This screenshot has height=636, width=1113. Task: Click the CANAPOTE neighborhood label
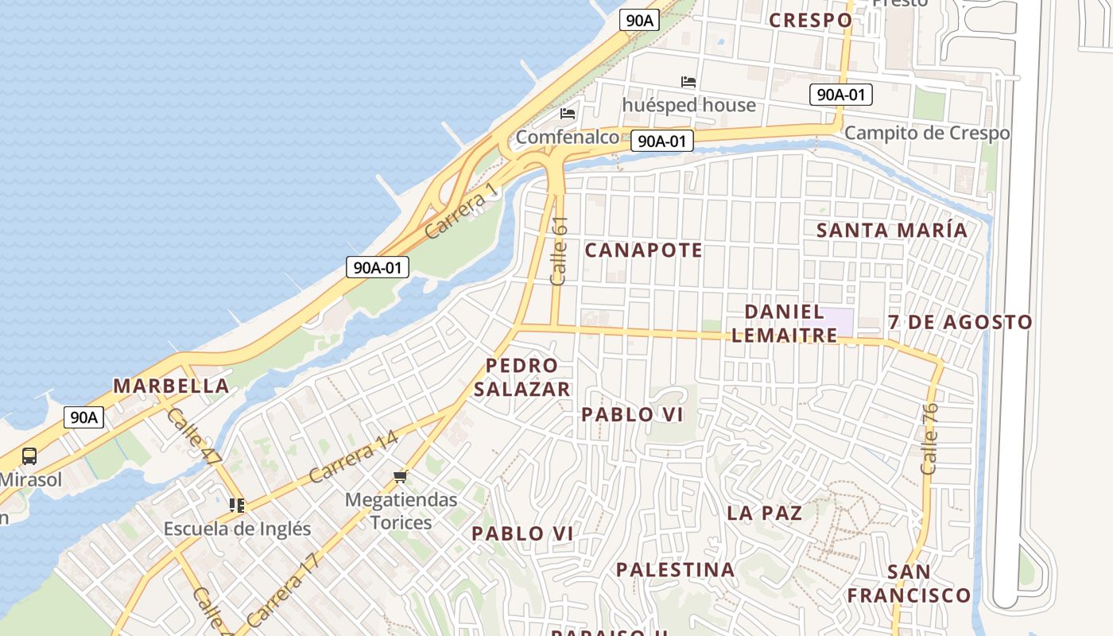click(644, 250)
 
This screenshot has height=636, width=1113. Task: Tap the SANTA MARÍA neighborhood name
click(892, 231)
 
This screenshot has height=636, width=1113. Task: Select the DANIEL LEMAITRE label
click(784, 323)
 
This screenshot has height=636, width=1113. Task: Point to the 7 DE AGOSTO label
click(960, 323)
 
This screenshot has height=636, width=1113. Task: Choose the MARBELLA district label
click(171, 386)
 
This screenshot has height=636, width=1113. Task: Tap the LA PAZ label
click(764, 513)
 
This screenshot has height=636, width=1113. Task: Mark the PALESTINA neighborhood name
click(675, 570)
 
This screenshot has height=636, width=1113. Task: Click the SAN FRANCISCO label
click(909, 584)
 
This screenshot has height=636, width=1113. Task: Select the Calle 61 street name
click(560, 251)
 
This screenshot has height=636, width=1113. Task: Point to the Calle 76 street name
click(929, 439)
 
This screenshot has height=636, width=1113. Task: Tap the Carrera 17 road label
click(283, 588)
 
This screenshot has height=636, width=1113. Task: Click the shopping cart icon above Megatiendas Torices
click(401, 476)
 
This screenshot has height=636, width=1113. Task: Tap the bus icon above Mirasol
click(29, 456)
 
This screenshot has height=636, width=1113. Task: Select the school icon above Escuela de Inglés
click(236, 505)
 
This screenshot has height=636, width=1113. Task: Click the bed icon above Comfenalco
click(568, 114)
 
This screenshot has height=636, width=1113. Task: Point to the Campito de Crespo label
click(927, 133)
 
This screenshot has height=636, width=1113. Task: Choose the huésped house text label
click(688, 105)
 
